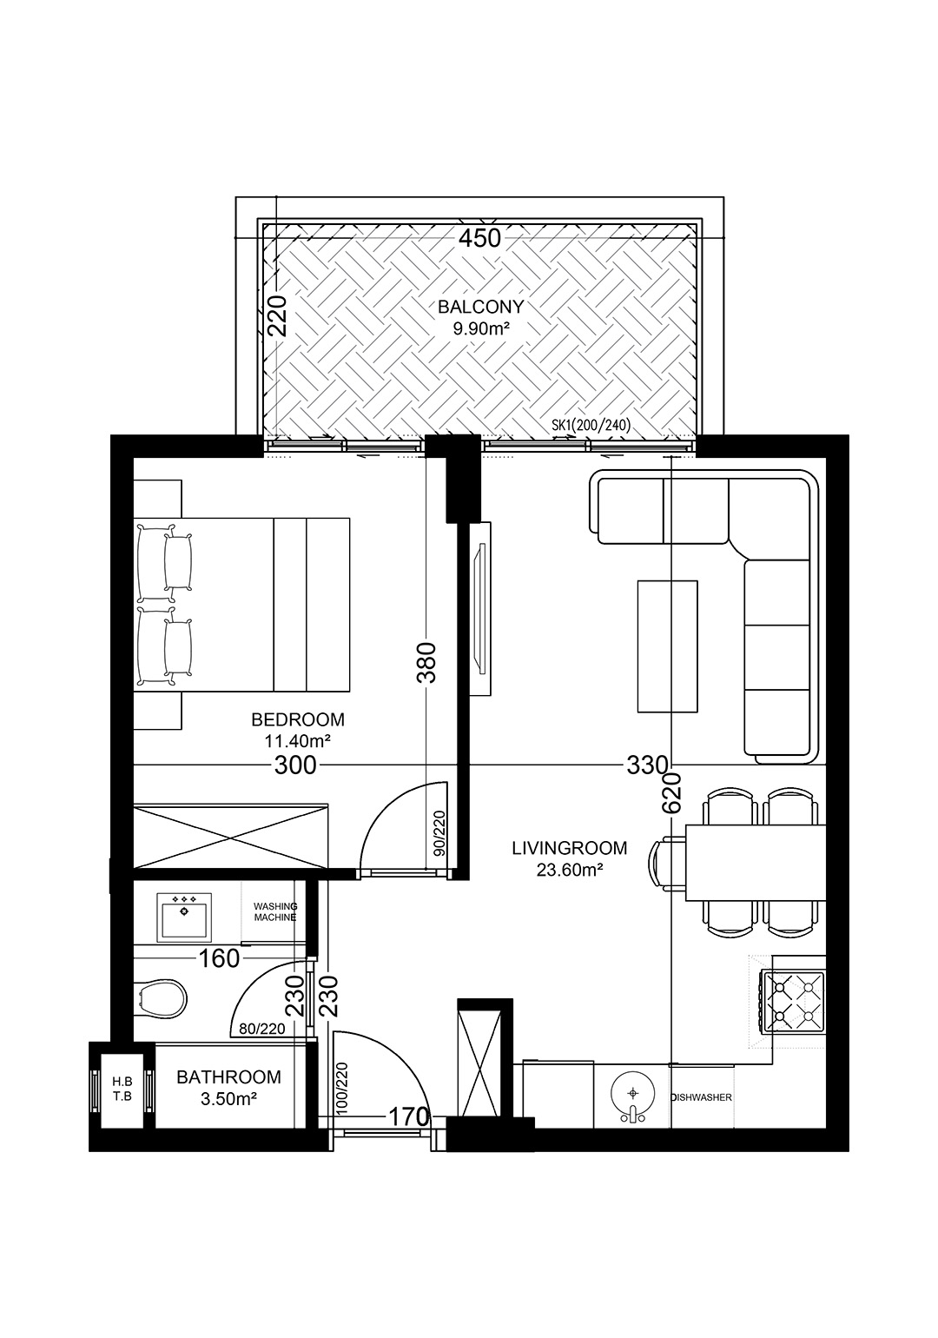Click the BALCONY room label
click(x=480, y=307)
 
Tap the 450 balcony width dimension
click(x=480, y=238)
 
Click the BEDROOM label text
click(x=298, y=719)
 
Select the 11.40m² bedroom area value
click(x=298, y=741)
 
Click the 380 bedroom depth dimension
click(x=427, y=662)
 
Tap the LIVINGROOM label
click(x=570, y=848)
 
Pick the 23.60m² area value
click(x=569, y=870)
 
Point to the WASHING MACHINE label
click(x=275, y=912)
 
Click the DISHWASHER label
click(x=701, y=1097)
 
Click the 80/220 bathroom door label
click(x=261, y=1030)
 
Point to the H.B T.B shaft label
click(x=122, y=1090)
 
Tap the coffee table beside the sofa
click(x=668, y=646)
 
